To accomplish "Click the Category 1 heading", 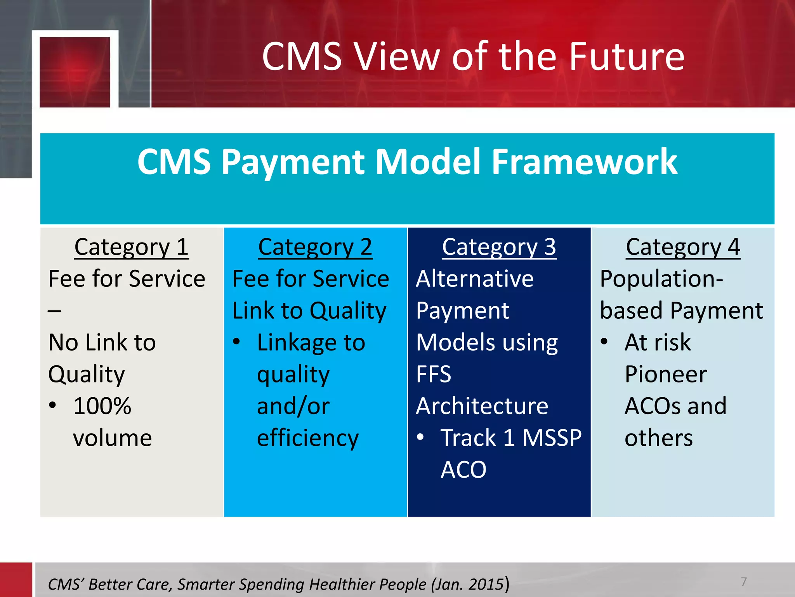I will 131,247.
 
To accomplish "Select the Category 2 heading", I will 315,247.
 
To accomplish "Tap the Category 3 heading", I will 499,247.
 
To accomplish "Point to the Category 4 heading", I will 683,247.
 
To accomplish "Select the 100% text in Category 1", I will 102,406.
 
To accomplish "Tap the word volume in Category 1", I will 112,438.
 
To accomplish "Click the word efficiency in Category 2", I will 307,438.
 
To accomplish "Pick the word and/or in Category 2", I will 293,406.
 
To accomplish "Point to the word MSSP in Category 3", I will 552,438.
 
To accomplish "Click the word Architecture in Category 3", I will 482,406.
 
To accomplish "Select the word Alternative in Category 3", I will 474,279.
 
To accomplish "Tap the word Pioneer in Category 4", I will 666,374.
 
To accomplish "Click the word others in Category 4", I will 658,438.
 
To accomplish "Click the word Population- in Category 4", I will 661,279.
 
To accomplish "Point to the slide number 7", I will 743,581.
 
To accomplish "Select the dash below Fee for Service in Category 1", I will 54,311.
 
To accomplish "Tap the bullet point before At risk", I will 604,342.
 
